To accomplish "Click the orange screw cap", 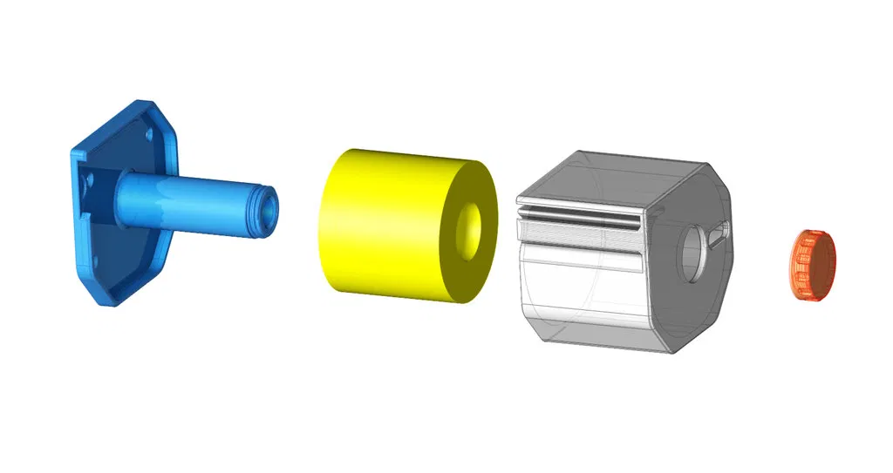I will (813, 266).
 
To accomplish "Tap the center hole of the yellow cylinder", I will (471, 229).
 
